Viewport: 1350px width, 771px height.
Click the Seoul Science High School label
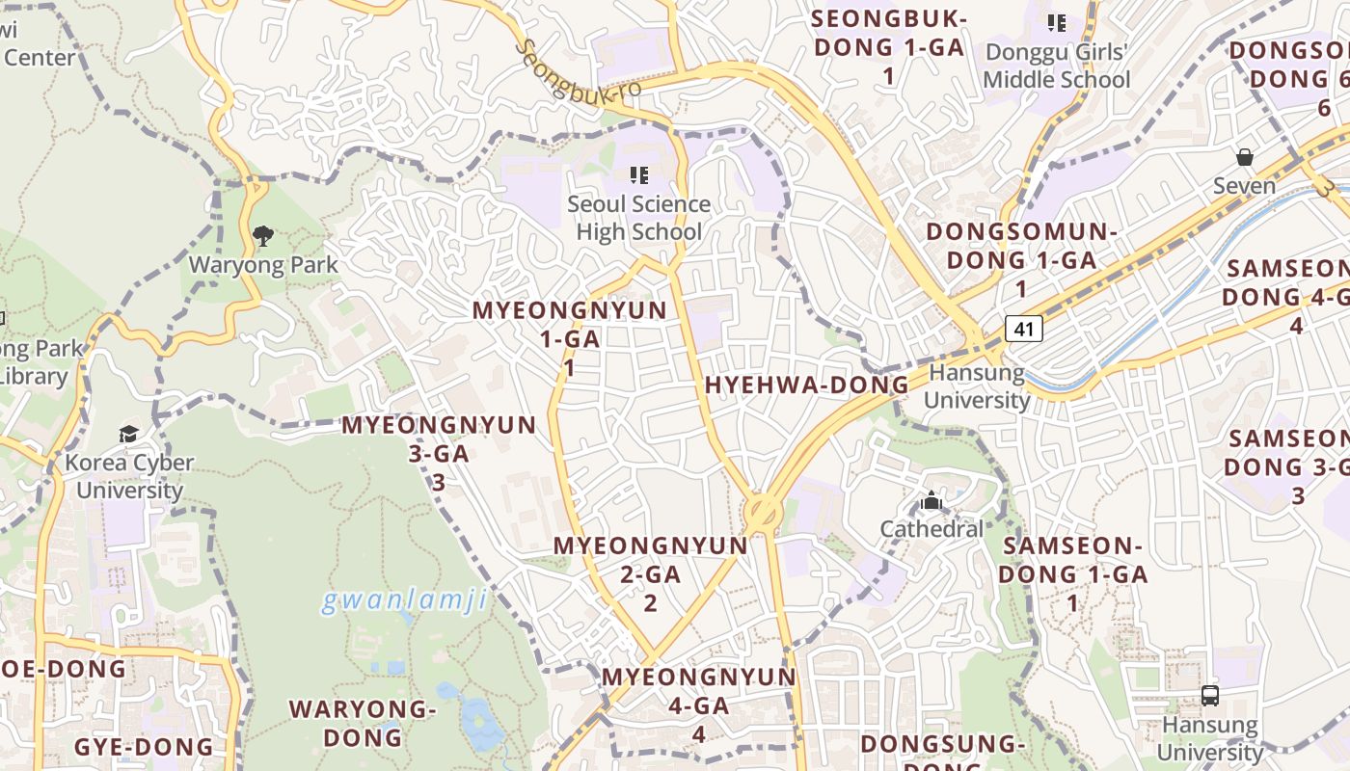[638, 218]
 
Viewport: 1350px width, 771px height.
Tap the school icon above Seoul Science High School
[638, 175]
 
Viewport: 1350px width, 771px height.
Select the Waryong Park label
[263, 265]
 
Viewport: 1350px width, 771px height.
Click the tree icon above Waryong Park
[262, 235]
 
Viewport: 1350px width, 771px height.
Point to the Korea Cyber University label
[129, 476]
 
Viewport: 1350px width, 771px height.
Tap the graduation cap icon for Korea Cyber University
[129, 435]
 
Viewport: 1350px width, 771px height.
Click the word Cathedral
[931, 529]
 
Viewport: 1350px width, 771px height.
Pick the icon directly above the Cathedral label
[931, 501]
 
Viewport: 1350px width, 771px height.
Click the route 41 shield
[1024, 330]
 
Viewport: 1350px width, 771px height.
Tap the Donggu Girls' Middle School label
[1056, 66]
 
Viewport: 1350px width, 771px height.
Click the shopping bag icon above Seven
[1245, 157]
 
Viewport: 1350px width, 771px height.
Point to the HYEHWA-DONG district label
[807, 385]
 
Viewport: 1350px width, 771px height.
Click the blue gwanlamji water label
[403, 601]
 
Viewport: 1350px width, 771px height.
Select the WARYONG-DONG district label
[363, 723]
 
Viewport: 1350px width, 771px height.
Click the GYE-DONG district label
[144, 746]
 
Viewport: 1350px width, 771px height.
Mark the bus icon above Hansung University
[1210, 695]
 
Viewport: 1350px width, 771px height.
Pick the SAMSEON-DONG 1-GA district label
[1072, 574]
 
